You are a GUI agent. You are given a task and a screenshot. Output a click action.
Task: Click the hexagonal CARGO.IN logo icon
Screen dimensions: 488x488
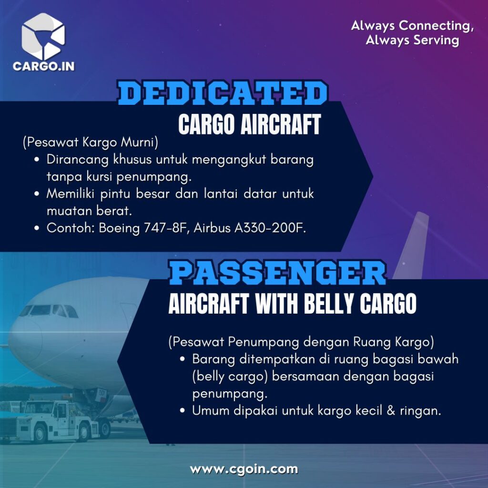point(43,36)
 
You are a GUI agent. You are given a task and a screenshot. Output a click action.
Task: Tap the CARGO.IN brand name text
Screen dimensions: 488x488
point(43,66)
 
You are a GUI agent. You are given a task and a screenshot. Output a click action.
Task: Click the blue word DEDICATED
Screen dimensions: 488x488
point(222,93)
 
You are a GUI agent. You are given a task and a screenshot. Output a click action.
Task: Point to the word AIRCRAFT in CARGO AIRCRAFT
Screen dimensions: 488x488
point(280,124)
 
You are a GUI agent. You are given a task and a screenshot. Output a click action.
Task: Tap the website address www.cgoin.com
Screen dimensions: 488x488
point(244,469)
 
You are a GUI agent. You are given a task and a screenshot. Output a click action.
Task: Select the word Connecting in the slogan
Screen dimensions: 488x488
point(436,26)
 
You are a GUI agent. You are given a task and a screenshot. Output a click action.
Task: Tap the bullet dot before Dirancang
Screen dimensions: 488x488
point(37,159)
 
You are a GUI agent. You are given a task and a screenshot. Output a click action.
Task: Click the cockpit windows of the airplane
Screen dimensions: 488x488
point(49,311)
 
